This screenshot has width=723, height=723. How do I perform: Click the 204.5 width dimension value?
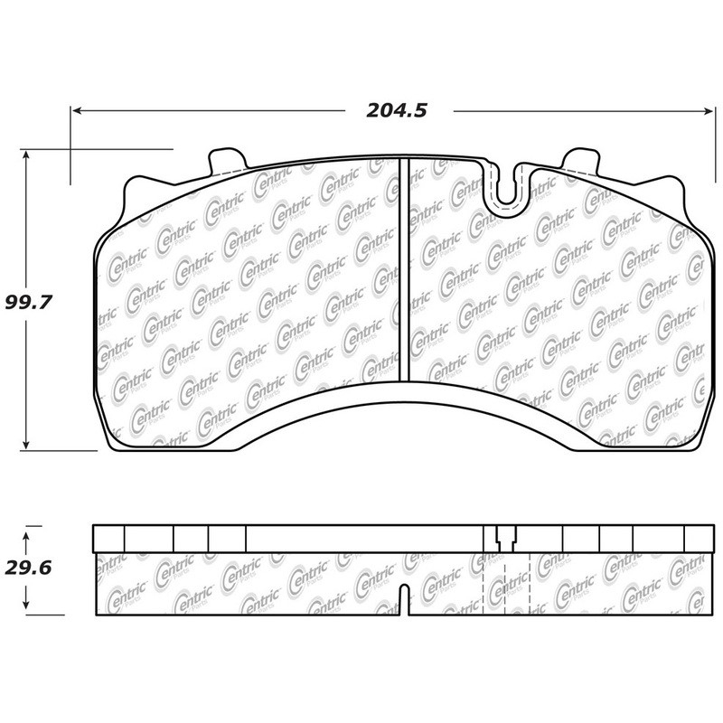[x=397, y=110]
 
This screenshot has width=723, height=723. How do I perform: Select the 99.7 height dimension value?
[x=29, y=303]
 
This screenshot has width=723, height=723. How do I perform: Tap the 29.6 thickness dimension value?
[x=28, y=568]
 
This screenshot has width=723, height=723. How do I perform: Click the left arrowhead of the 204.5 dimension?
[x=78, y=110]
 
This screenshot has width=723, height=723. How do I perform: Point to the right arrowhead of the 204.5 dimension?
[x=709, y=110]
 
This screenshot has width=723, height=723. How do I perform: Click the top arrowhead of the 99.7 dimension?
[x=26, y=155]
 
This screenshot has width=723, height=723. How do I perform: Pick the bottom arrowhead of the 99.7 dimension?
[x=26, y=444]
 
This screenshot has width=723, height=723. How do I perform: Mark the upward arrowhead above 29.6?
[x=26, y=537]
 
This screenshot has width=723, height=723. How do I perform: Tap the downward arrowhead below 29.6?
[x=26, y=603]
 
